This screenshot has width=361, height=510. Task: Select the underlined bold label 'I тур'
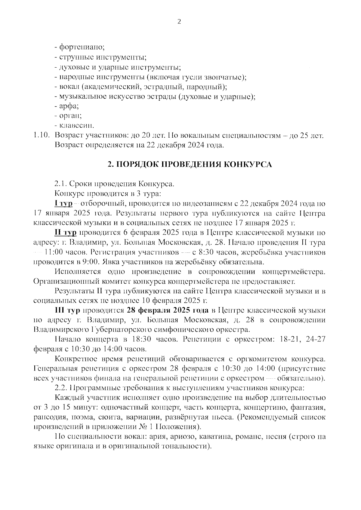tap(63, 203)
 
